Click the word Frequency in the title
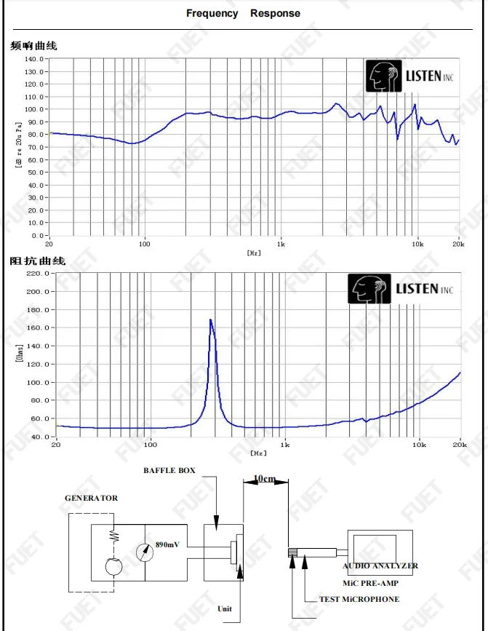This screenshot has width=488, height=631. coord(212,13)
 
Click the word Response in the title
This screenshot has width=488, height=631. coord(275,13)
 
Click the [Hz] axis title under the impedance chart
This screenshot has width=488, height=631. coord(258,453)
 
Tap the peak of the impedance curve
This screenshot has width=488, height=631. coord(211,320)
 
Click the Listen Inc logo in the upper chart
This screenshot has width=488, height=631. coord(410,76)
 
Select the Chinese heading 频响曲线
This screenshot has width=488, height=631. coord(33,45)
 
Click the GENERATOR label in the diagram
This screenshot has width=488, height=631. coord(91,499)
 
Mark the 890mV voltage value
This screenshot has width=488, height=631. coord(167,544)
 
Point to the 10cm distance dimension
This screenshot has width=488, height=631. coord(264,479)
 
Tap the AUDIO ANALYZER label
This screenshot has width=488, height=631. coord(380,565)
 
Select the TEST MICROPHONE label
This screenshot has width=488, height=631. coord(359,600)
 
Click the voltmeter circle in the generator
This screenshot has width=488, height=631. coord(145,552)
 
